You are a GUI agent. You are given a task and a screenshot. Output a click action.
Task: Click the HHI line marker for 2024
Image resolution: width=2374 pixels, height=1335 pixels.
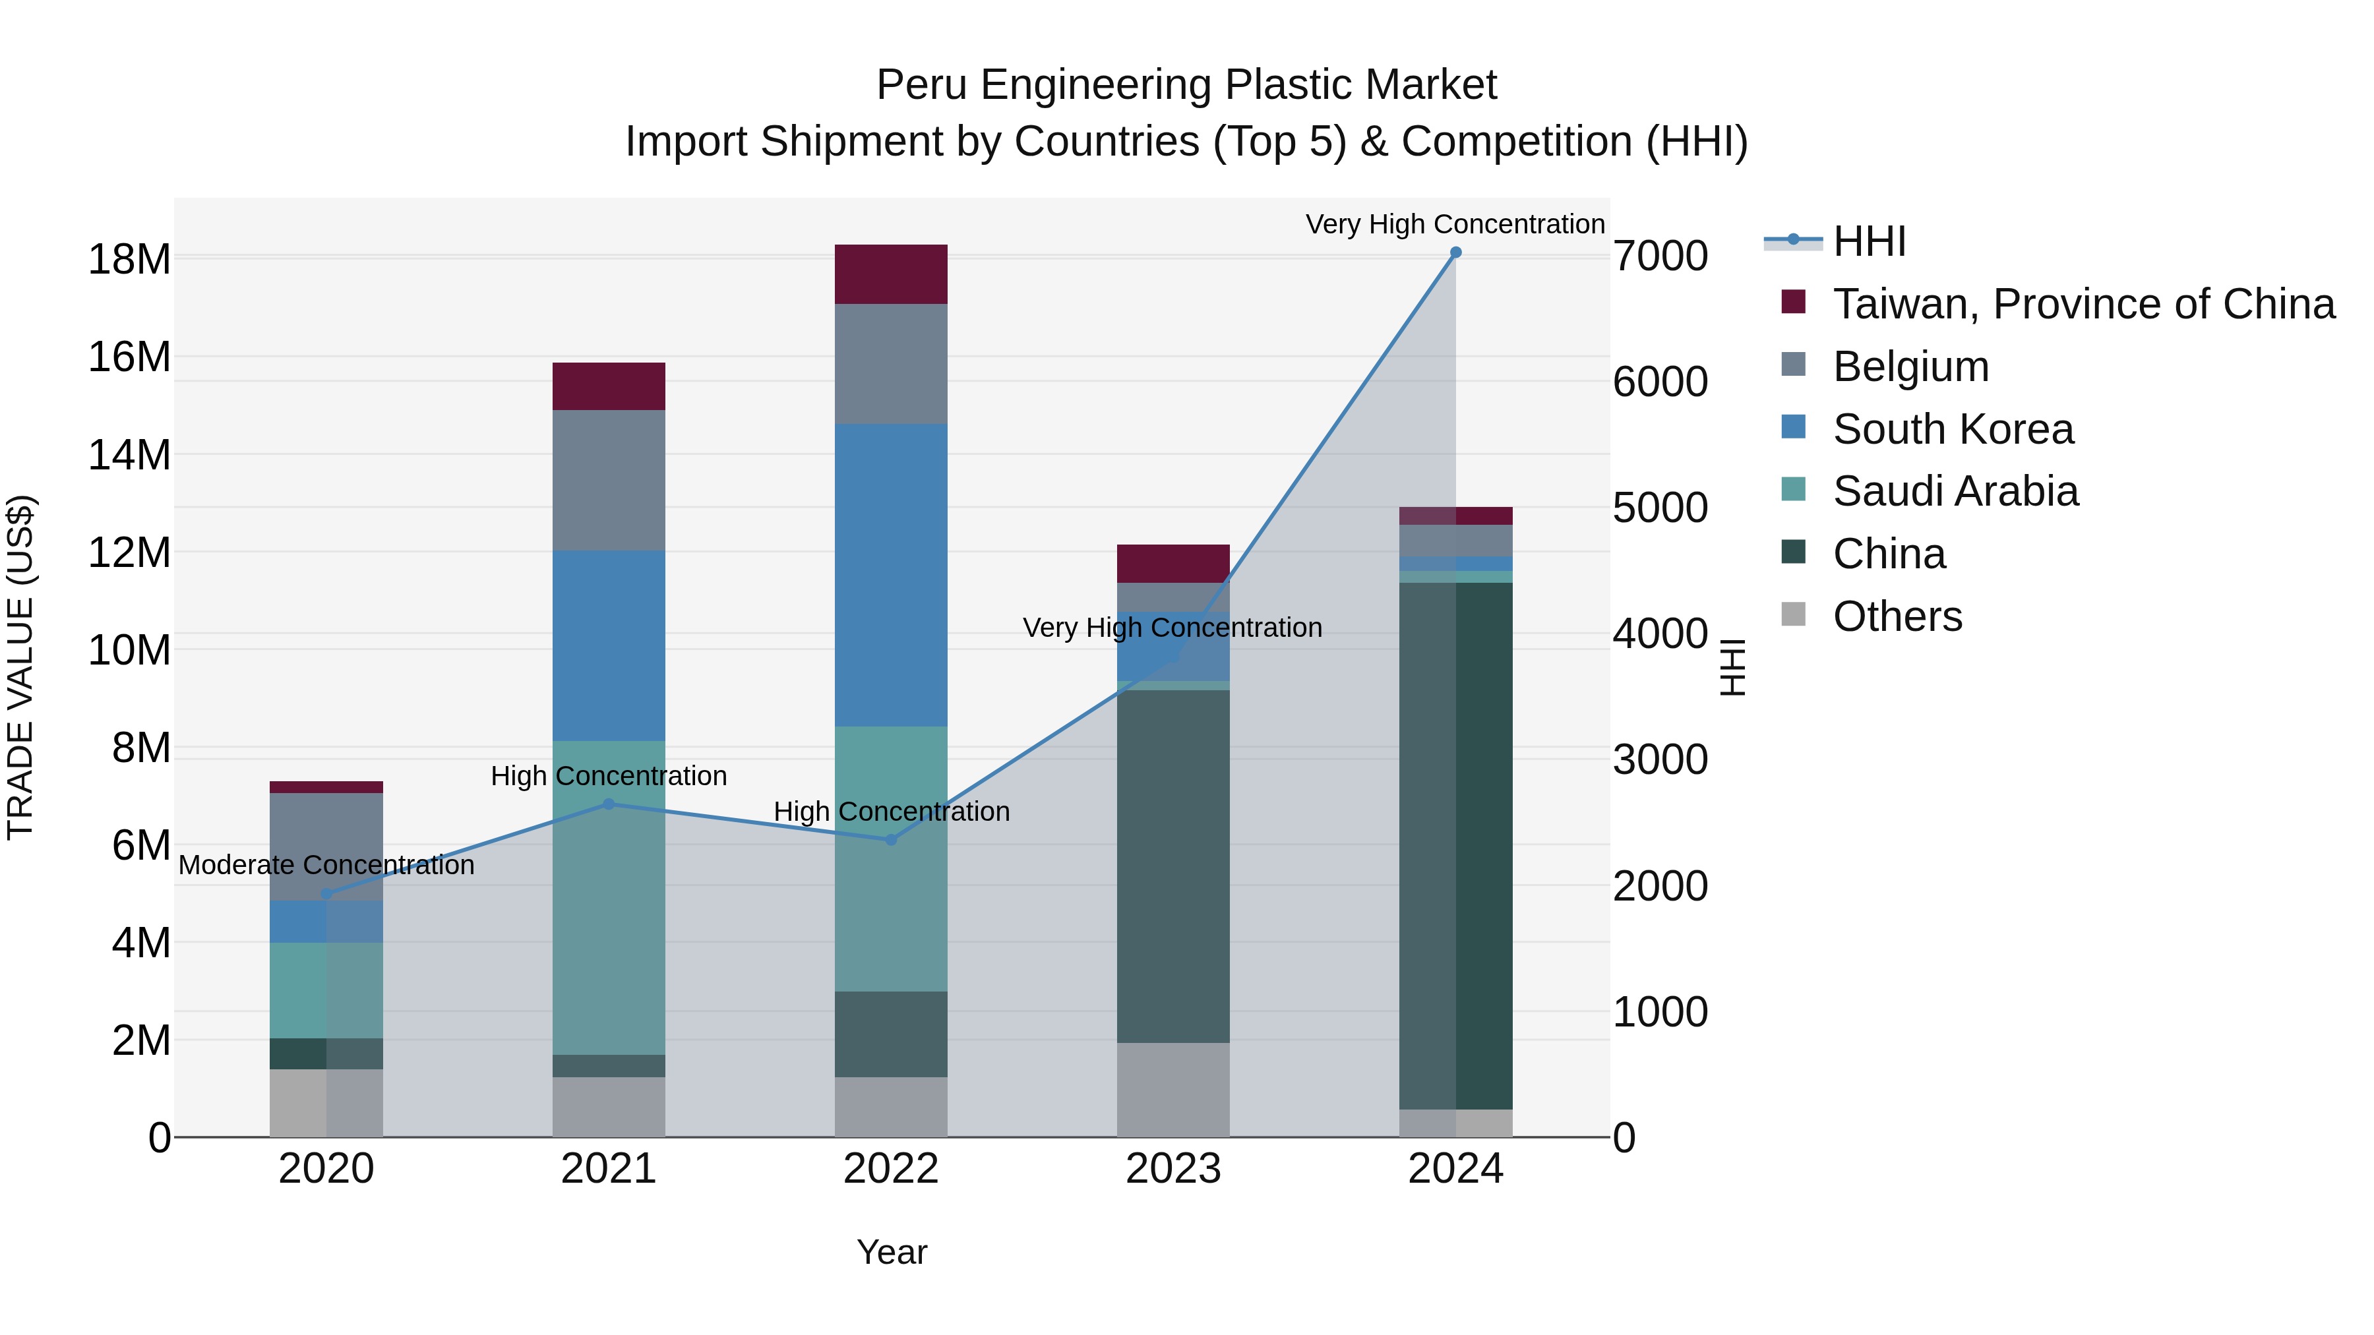(1455, 252)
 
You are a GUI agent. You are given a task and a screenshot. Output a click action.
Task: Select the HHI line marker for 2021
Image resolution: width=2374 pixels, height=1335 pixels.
(608, 804)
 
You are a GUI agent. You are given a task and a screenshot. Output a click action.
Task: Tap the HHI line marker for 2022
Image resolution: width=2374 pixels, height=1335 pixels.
(891, 839)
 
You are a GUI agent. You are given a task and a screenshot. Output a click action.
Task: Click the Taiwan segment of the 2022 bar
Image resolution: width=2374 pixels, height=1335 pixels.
(891, 274)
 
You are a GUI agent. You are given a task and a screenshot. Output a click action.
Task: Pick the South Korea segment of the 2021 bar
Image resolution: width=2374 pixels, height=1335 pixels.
(608, 645)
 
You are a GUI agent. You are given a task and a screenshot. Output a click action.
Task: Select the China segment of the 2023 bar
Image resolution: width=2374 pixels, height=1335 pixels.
(1173, 866)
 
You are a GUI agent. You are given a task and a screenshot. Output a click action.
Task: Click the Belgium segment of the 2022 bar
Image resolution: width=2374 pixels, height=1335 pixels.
(891, 364)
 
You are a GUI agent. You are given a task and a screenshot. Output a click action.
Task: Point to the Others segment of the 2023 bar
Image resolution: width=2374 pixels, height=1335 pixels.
(1173, 1090)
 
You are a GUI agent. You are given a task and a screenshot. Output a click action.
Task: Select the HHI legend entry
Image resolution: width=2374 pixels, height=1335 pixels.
(1868, 241)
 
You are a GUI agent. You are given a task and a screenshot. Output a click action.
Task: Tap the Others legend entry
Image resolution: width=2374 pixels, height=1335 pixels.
(1897, 616)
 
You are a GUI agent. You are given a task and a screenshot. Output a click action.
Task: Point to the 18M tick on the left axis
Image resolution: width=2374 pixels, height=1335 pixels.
(129, 260)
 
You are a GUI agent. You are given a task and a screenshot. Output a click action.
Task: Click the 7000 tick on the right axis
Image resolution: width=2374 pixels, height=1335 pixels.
(1660, 256)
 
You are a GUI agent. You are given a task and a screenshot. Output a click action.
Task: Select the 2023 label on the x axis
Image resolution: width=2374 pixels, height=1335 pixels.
(1173, 1169)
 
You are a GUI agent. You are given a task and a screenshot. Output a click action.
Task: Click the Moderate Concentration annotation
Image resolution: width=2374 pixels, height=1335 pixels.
(326, 865)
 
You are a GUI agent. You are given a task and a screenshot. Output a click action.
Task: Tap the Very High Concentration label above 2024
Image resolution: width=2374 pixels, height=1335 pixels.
(1455, 224)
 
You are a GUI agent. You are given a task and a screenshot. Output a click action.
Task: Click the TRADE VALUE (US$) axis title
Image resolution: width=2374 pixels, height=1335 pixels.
(20, 667)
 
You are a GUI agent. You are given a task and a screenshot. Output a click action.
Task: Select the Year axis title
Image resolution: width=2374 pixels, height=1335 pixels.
(891, 1252)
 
